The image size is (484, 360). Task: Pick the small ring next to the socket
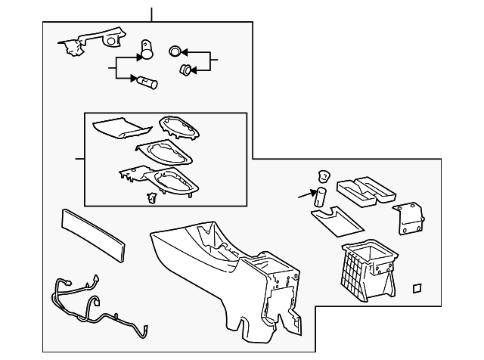pos(175,52)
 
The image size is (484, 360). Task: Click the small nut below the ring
pos(184,70)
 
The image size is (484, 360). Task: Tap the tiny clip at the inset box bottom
pos(150,197)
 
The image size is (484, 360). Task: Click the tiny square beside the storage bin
pos(416,287)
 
